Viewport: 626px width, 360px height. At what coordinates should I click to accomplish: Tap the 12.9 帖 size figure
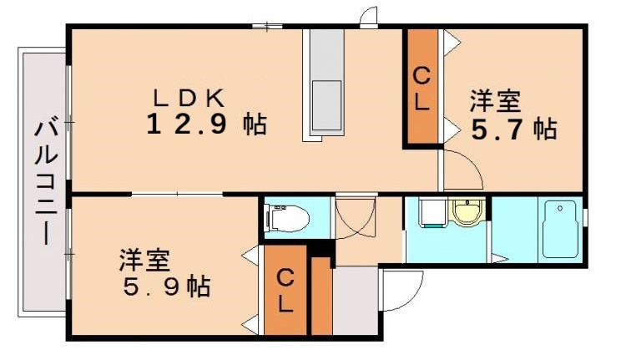[x=206, y=125]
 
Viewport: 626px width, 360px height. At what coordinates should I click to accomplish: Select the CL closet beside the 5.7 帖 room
[x=422, y=89]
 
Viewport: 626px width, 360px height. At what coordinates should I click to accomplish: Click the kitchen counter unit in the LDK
[x=326, y=84]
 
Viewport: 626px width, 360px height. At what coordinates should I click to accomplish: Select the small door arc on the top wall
[x=367, y=19]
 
